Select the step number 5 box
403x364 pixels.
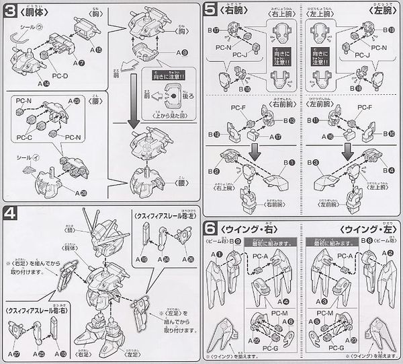pos(211,11)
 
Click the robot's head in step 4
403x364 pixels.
pos(97,233)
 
